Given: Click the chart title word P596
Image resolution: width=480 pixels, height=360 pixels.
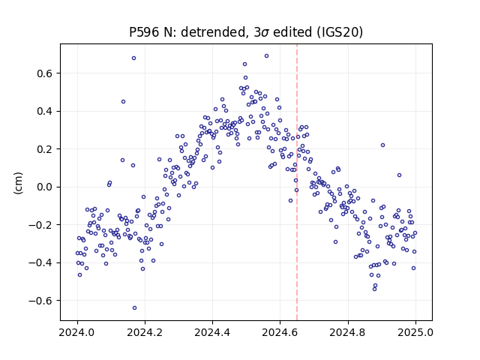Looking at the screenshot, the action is [x=144, y=32].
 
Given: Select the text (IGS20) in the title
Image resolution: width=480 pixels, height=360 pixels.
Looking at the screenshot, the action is [x=340, y=32].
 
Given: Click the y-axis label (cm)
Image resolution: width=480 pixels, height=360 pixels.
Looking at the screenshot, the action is [x=18, y=183].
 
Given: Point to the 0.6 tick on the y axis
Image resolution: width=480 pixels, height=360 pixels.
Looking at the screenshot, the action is [x=45, y=73].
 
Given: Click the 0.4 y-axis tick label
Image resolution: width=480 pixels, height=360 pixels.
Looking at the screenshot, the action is [x=45, y=112].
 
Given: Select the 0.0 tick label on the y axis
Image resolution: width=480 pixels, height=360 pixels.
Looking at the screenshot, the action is [x=45, y=187].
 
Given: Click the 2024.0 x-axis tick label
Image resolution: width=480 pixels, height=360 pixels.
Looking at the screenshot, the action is [x=77, y=332].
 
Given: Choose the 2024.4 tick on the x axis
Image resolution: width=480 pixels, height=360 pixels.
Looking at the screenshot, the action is [x=212, y=332].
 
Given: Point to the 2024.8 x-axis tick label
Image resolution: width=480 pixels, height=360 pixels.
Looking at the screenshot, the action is [x=348, y=332].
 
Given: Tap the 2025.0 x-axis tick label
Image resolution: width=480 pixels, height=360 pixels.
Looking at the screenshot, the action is [x=415, y=332].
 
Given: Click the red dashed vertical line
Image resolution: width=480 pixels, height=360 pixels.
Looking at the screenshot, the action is [x=297, y=182].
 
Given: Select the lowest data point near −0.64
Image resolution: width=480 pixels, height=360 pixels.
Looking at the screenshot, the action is [x=134, y=308].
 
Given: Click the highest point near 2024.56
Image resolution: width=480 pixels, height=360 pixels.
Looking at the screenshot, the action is [x=267, y=56].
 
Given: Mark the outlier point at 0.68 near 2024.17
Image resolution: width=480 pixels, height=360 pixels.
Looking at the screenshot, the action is [x=133, y=58].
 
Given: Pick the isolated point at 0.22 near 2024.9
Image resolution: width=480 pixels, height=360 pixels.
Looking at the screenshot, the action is [x=382, y=145].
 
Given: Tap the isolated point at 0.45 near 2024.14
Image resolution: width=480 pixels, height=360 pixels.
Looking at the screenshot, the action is [x=123, y=102].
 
